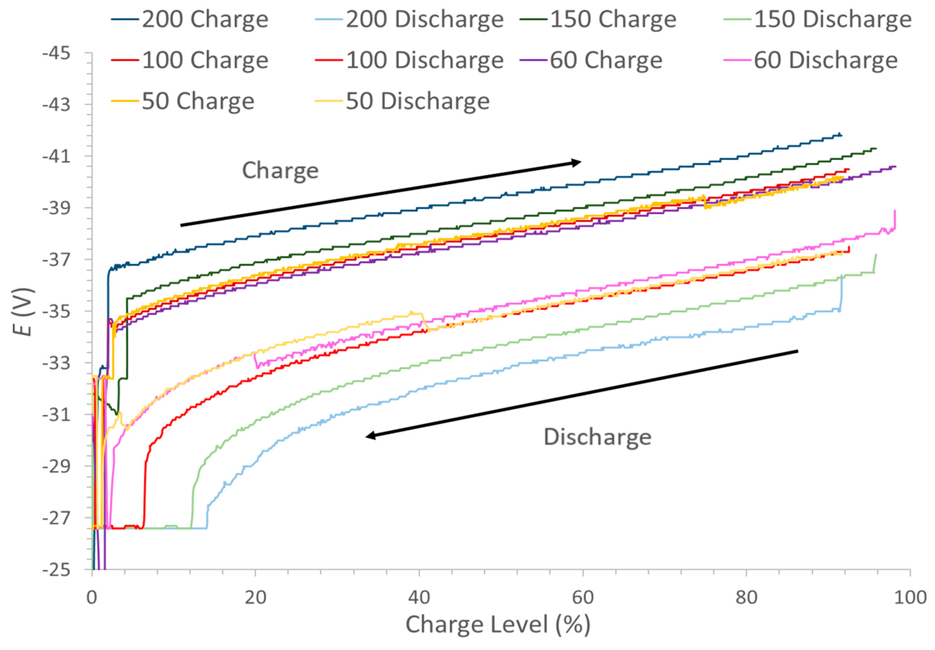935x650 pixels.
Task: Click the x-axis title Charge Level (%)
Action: [498, 625]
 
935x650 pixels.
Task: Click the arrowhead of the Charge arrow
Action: [577, 163]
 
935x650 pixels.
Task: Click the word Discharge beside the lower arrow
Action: [597, 437]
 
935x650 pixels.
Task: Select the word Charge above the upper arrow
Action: [280, 170]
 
